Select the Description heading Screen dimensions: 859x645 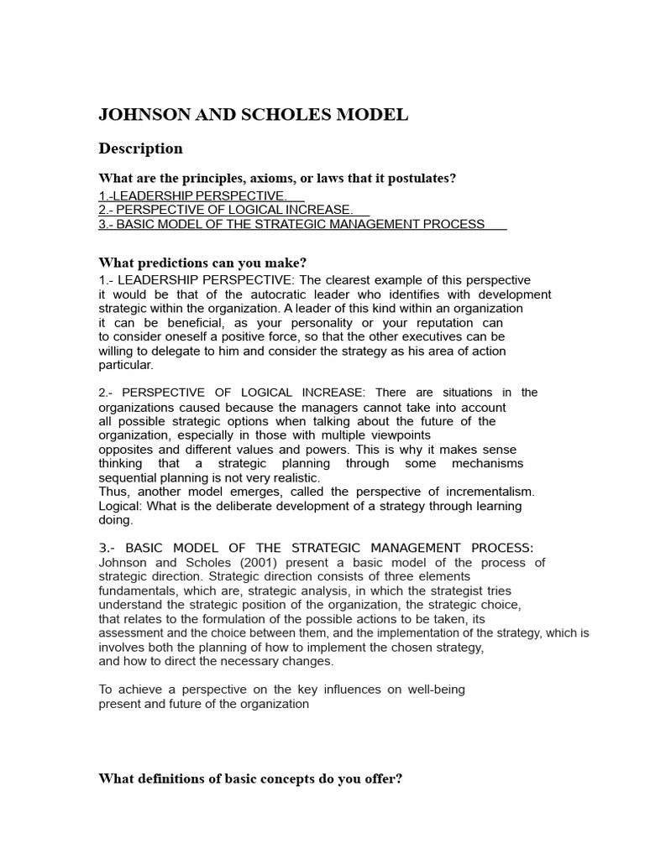click(x=140, y=148)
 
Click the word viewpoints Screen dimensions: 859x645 click(x=393, y=435)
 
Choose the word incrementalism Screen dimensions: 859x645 click(x=488, y=492)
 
